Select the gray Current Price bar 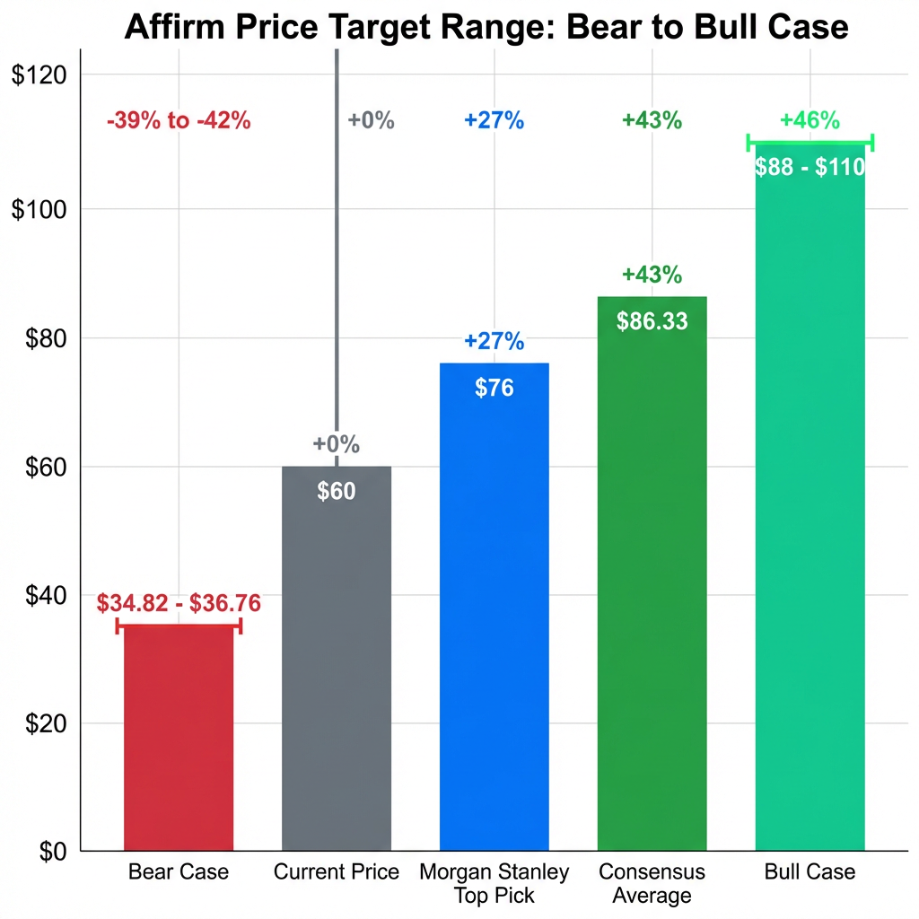pyautogui.click(x=337, y=664)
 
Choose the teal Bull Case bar pyautogui.click(x=810, y=503)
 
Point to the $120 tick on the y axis pyautogui.click(x=39, y=75)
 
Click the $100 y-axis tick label pyautogui.click(x=39, y=209)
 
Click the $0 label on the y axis pyautogui.click(x=50, y=851)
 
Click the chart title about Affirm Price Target pyautogui.click(x=486, y=26)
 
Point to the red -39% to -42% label pyautogui.click(x=179, y=120)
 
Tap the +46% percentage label pyautogui.click(x=810, y=120)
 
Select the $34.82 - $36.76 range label pyautogui.click(x=179, y=602)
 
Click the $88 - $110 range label pyautogui.click(x=810, y=167)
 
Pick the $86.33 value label pyautogui.click(x=652, y=321)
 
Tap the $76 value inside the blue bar pyautogui.click(x=494, y=388)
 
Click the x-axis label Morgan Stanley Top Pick pyautogui.click(x=494, y=883)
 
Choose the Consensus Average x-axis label pyautogui.click(x=652, y=883)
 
